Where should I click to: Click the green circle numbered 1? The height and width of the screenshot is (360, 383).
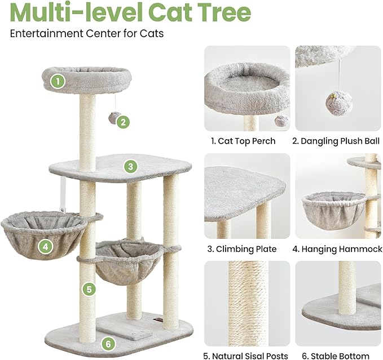click(x=57, y=82)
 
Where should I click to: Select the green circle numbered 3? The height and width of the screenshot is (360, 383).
click(x=130, y=166)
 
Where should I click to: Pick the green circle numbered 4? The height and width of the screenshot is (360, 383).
click(x=45, y=246)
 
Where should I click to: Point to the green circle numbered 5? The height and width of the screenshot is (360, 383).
click(x=87, y=290)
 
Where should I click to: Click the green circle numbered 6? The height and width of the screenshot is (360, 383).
click(x=109, y=343)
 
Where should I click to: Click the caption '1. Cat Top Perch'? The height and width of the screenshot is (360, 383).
click(x=243, y=141)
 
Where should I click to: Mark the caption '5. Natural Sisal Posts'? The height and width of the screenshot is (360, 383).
click(x=246, y=355)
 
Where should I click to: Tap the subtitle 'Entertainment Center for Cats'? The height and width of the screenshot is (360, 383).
click(x=87, y=34)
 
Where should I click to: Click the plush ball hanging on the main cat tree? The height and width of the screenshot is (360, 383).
click(x=114, y=118)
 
